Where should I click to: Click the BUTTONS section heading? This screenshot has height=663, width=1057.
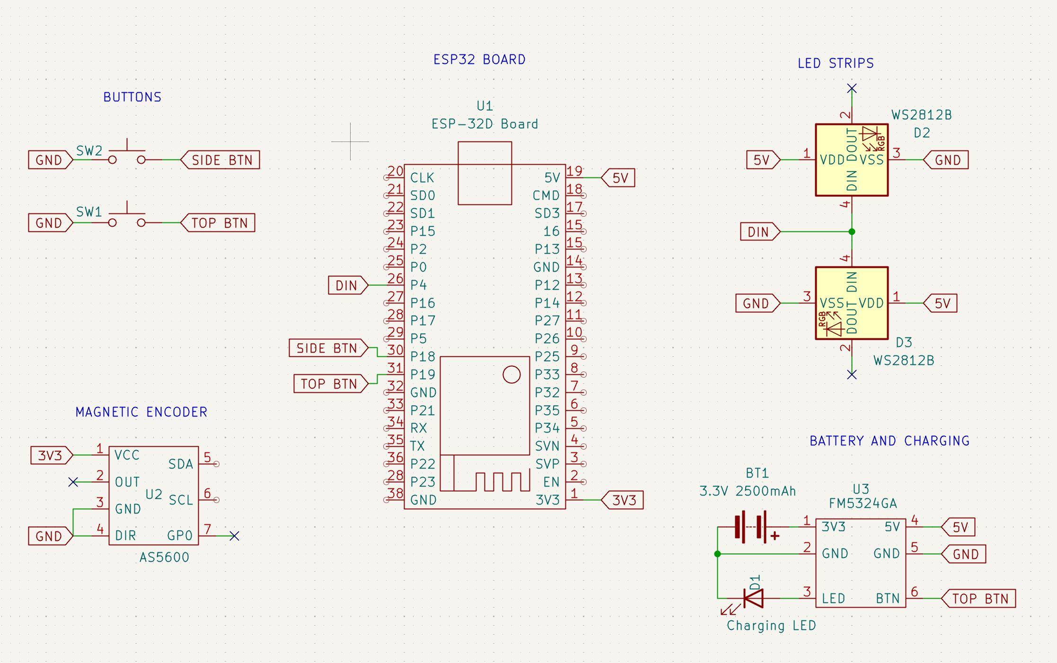pyautogui.click(x=132, y=97)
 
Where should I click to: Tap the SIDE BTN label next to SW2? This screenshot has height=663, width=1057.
pyautogui.click(x=221, y=160)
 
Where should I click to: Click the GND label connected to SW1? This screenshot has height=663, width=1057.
pyautogui.click(x=49, y=223)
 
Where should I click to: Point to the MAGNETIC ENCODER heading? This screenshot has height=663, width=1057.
pyautogui.click(x=141, y=412)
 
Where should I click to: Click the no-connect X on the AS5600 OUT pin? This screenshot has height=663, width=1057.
pyautogui.click(x=73, y=482)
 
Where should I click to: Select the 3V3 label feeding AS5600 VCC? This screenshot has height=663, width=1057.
pyautogui.click(x=50, y=455)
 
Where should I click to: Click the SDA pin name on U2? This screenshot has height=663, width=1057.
pyautogui.click(x=181, y=464)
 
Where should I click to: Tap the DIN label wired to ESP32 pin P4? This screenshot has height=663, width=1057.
pyautogui.click(x=347, y=285)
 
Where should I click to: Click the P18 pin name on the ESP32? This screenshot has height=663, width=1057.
pyautogui.click(x=423, y=356)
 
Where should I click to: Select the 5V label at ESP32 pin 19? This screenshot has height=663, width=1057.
pyautogui.click(x=620, y=178)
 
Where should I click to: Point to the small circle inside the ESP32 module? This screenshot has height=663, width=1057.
pyautogui.click(x=511, y=374)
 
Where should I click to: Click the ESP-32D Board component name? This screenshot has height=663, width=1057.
pyautogui.click(x=484, y=124)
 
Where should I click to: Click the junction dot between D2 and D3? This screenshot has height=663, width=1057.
pyautogui.click(x=852, y=232)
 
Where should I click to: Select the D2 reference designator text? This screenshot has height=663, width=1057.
pyautogui.click(x=921, y=133)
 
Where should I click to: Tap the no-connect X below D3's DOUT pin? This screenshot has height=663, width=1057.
pyautogui.click(x=852, y=375)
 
